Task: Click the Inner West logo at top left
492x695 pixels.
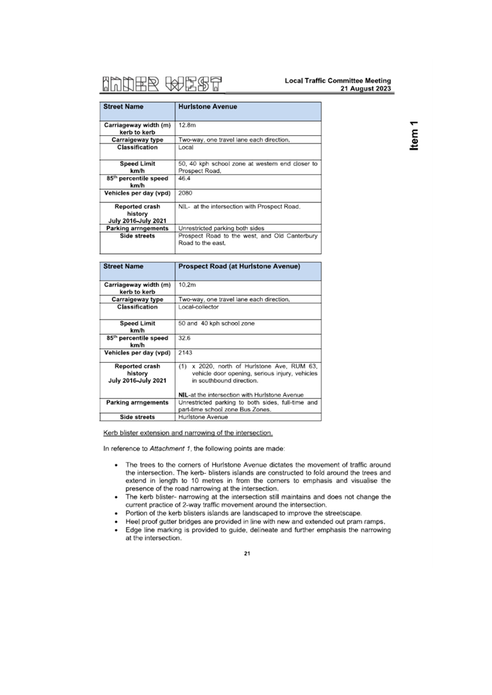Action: click(163, 83)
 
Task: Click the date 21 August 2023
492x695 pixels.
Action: click(366, 89)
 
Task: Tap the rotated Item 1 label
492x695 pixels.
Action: click(414, 135)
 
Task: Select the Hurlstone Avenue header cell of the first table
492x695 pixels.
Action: click(207, 107)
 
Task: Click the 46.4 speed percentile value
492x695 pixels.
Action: click(184, 179)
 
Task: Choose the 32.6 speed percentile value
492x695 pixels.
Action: click(184, 338)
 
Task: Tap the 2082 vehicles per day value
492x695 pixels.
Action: click(186, 194)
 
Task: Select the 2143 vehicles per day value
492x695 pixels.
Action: click(186, 353)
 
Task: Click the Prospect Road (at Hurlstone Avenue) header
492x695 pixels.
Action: click(239, 267)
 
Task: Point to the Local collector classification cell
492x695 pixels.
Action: click(199, 307)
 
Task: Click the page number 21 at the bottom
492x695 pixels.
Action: click(246, 553)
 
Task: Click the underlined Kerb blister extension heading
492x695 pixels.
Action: click(188, 433)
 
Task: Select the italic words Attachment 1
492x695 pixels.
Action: click(170, 449)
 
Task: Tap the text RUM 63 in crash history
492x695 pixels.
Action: click(305, 366)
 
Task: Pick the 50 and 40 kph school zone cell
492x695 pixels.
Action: click(216, 323)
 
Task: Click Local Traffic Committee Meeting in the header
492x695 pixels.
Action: click(338, 81)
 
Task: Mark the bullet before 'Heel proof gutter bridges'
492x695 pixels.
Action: click(117, 521)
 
